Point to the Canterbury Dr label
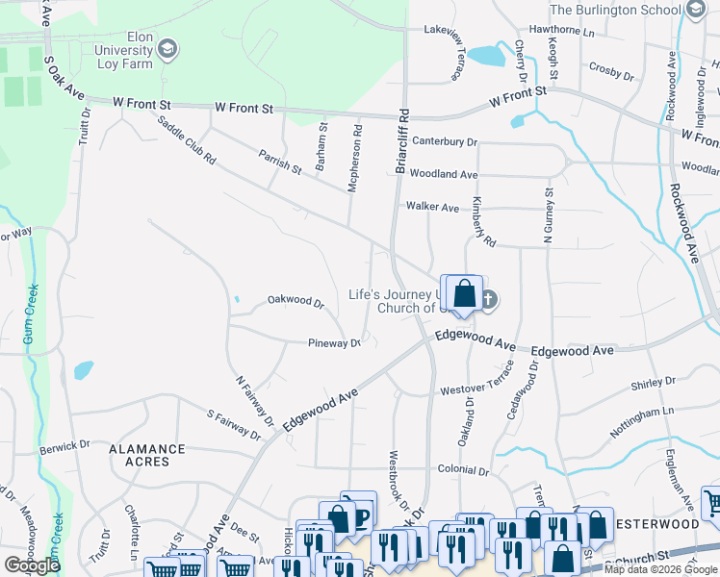444,141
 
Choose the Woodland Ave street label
443,174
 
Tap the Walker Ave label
432,206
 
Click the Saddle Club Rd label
187,141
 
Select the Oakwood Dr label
296,301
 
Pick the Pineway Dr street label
334,342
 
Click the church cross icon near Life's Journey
488,300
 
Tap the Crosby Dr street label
608,69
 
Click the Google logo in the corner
31,565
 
